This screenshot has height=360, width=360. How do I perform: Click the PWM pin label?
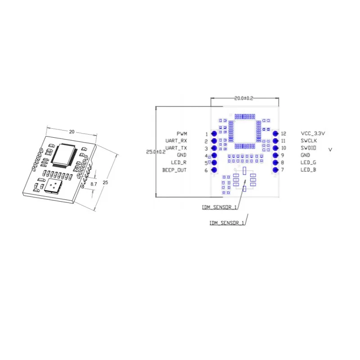(x=182, y=134)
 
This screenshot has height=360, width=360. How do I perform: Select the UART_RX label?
(x=176, y=141)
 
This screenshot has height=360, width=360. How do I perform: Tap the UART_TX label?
(x=176, y=148)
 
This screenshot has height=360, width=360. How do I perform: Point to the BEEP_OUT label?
(x=174, y=170)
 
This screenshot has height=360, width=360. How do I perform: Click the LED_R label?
(x=179, y=163)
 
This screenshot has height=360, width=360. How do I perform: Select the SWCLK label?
(x=309, y=141)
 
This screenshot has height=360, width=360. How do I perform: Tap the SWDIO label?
(x=309, y=148)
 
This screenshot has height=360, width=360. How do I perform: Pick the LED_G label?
(x=308, y=162)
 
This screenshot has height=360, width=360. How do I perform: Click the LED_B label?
(x=308, y=170)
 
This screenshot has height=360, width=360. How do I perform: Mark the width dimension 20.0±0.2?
(x=244, y=98)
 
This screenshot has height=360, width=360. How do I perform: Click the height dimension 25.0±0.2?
(x=156, y=152)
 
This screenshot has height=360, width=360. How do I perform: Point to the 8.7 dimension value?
(x=94, y=184)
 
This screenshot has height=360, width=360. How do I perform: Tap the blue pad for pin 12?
(x=275, y=134)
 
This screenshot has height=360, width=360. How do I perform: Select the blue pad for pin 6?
(x=214, y=170)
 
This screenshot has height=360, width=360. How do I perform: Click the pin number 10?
(x=283, y=148)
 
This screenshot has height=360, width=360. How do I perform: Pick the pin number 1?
(x=207, y=134)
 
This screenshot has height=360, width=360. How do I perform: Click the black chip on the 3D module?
(x=66, y=157)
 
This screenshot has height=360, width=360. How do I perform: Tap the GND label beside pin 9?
(x=306, y=155)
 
